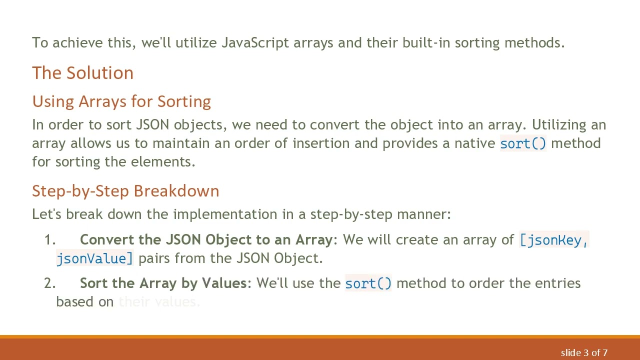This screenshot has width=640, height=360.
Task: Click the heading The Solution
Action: (x=82, y=73)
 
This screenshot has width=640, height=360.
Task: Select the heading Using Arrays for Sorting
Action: (x=121, y=101)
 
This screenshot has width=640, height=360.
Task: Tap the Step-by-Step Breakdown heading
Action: (x=125, y=191)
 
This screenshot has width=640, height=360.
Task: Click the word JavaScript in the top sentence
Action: (x=255, y=43)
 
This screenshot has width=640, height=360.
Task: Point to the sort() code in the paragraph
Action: (x=523, y=144)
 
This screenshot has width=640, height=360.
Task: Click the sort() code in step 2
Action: (x=368, y=283)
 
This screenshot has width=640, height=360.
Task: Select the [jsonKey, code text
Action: (x=554, y=240)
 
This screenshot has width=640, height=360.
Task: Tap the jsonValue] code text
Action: (x=95, y=258)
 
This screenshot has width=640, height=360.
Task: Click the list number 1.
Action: (x=49, y=240)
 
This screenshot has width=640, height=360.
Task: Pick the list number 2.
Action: (x=49, y=283)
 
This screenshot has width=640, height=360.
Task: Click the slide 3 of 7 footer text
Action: (x=584, y=353)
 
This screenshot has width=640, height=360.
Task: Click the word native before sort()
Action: (x=475, y=143)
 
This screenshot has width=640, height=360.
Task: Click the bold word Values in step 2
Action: (x=223, y=283)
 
